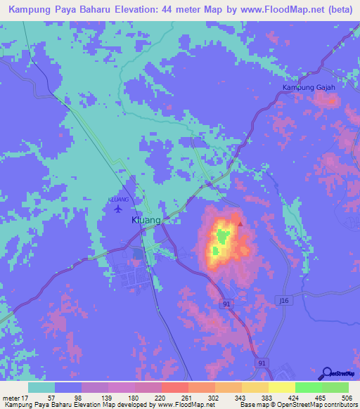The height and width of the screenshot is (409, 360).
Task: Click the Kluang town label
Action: [x=147, y=221]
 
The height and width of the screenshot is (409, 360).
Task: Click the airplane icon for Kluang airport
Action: [x=117, y=208]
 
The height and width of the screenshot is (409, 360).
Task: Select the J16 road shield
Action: [x=283, y=300]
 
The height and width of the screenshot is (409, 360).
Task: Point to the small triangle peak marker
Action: [x=240, y=226]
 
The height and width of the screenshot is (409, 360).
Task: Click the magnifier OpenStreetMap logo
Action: [x=326, y=373]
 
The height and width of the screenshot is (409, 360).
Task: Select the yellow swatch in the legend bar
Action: [x=281, y=387]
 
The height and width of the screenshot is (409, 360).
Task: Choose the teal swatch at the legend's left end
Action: [x=41, y=387]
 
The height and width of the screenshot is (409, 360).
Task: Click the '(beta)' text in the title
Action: [x=337, y=9]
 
